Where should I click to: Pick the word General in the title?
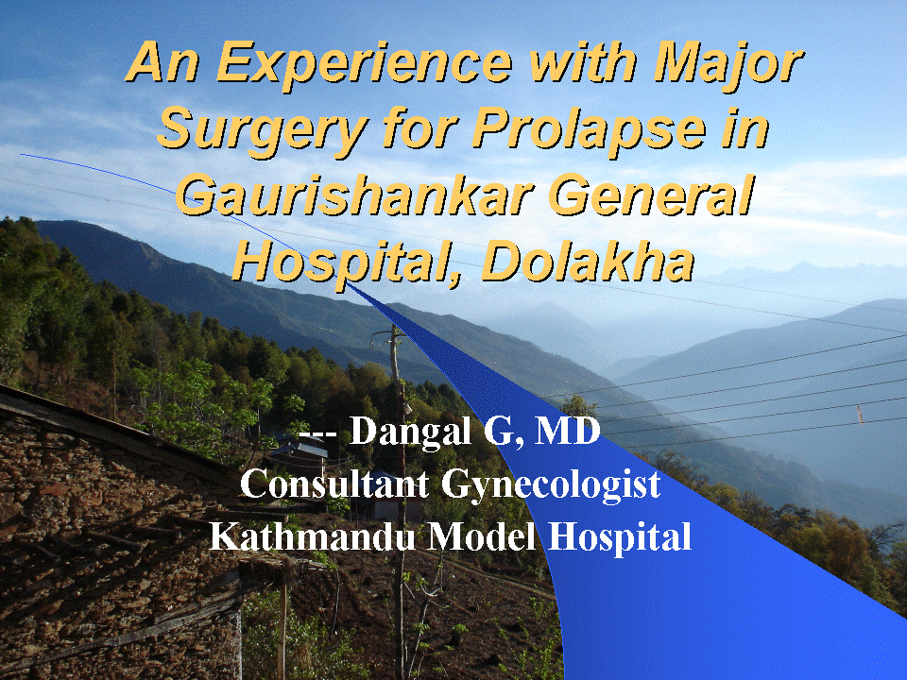[652, 195]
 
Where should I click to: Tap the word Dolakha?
[588, 261]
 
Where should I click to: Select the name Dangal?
[410, 432]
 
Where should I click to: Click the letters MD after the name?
[568, 431]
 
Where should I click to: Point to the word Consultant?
[334, 484]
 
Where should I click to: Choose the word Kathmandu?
[313, 535]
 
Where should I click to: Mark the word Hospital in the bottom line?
[620, 537]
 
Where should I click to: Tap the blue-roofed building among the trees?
[302, 447]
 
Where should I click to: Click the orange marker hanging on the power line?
[860, 414]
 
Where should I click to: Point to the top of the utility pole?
[394, 328]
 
